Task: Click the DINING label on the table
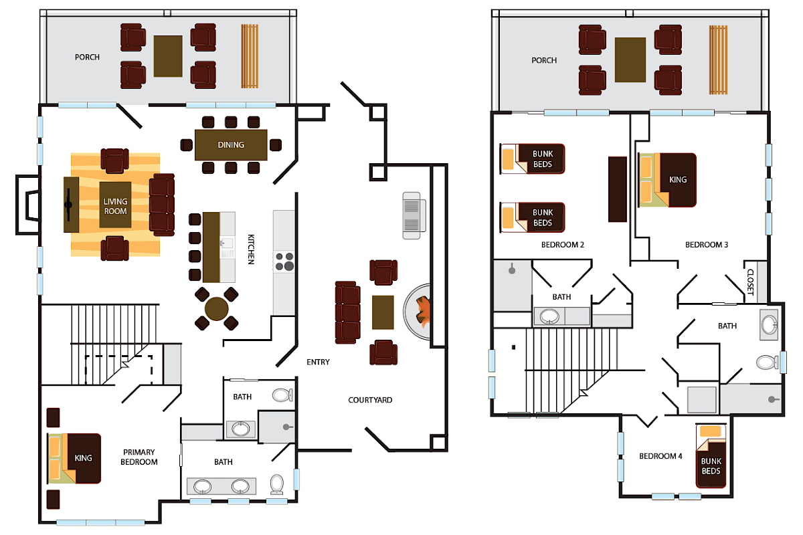tap(231, 144)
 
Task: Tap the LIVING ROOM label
tap(115, 206)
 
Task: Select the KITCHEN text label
tap(251, 249)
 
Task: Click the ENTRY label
tap(318, 362)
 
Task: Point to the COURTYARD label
tap(370, 400)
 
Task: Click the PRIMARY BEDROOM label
tap(139, 457)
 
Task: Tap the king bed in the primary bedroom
tap(74, 458)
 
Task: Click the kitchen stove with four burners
tap(284, 261)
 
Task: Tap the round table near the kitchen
tap(217, 309)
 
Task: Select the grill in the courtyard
tap(412, 215)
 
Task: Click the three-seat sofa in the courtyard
tap(347, 312)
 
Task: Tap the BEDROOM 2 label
tap(563, 245)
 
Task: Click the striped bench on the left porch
tap(250, 56)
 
